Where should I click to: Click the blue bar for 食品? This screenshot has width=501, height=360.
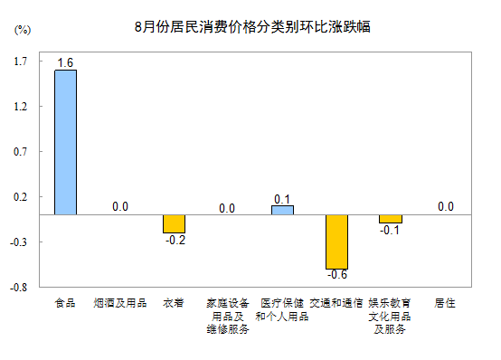click(65, 142)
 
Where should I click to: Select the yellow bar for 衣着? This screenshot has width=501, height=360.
click(174, 223)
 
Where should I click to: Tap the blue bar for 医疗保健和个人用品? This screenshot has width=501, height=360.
click(282, 210)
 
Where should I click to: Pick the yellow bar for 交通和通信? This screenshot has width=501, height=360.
click(336, 242)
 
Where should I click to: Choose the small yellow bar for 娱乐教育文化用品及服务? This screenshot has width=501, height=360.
click(391, 219)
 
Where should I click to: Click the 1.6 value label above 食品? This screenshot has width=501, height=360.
click(65, 62)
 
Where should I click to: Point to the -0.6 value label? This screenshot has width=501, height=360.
click(336, 275)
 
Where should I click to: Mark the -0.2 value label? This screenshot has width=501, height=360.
click(174, 240)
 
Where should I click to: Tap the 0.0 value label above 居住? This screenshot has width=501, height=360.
click(445, 206)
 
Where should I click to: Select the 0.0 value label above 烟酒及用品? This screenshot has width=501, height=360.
click(119, 206)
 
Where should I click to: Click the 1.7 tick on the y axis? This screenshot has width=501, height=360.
click(21, 62)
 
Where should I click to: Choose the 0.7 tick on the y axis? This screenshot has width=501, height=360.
click(21, 152)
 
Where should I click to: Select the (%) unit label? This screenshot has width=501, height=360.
click(23, 30)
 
